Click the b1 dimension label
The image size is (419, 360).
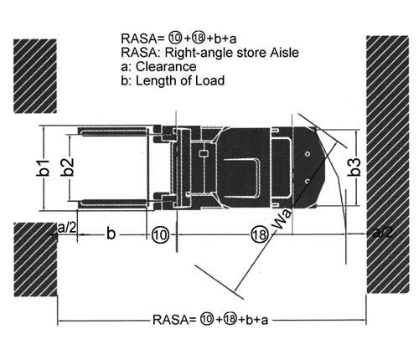pyautogui.click(x=43, y=168)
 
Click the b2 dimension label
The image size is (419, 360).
pyautogui.click(x=68, y=167)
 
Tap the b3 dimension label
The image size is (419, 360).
pyautogui.click(x=354, y=167)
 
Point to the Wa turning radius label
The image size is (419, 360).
pyautogui.click(x=282, y=220)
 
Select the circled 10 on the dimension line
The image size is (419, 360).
pyautogui.click(x=160, y=235)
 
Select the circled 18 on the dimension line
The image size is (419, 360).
pyautogui.click(x=260, y=234)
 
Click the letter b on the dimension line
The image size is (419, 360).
pyautogui.click(x=111, y=233)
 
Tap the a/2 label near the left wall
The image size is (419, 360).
pyautogui.click(x=67, y=228)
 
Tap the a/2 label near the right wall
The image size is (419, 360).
pyautogui.click(x=382, y=232)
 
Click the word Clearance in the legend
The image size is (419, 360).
pyautogui.click(x=166, y=67)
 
